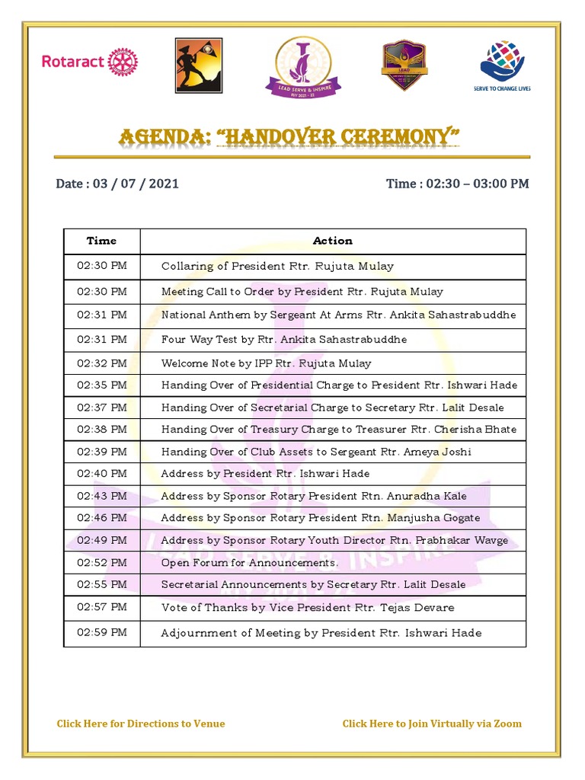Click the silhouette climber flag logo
198,66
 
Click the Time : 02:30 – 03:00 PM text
457,184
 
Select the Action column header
333,241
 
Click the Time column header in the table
101,241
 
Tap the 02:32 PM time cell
101,363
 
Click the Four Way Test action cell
284,340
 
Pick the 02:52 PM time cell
101,563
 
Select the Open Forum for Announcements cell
249,563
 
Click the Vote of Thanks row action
308,608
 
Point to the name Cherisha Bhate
478,430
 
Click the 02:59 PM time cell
101,633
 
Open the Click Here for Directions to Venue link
141,724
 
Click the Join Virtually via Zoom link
432,724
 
